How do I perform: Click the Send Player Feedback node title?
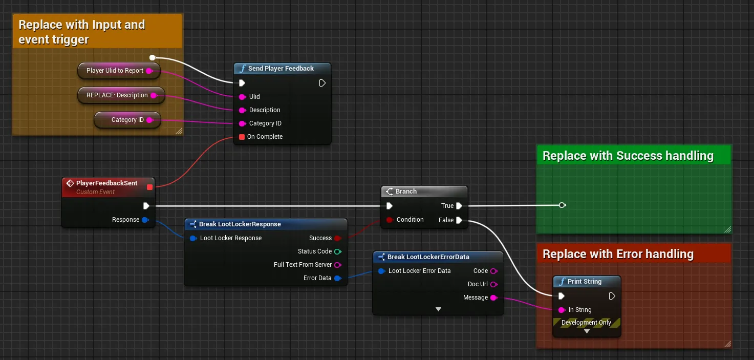(281, 68)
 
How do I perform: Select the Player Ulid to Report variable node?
(119, 71)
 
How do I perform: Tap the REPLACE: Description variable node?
(121, 95)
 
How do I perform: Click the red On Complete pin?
(242, 137)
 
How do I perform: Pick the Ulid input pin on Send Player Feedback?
(242, 97)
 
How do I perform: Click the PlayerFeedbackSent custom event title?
(106, 183)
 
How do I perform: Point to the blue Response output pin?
(145, 220)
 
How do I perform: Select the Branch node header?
(424, 192)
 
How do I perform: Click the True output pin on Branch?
(459, 206)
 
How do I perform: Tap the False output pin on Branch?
(459, 220)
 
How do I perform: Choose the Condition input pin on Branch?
(390, 220)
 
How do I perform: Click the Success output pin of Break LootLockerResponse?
(338, 239)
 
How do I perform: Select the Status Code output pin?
(338, 251)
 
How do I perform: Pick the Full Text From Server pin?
(338, 265)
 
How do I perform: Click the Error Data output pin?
(338, 278)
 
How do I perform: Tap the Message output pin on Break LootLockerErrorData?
(494, 298)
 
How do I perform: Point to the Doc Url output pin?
(494, 284)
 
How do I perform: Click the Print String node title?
(585, 282)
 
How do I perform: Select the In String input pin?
(562, 310)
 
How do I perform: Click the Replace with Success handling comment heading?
(628, 156)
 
